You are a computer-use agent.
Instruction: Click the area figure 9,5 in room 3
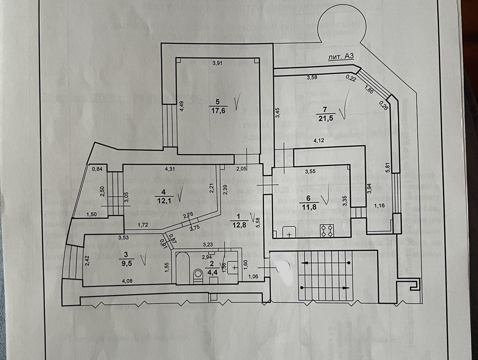[x=126, y=261]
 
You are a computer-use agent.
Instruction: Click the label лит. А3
[x=340, y=57]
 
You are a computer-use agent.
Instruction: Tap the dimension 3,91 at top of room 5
[x=217, y=63]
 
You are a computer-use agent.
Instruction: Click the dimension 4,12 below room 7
[x=320, y=140]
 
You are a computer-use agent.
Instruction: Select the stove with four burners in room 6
[x=327, y=230]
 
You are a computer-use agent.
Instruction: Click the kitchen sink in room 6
[x=289, y=232]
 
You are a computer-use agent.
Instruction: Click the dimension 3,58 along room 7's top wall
[x=312, y=78]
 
